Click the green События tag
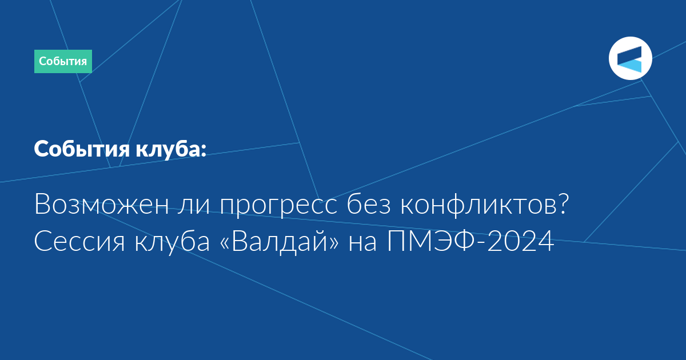click(63, 61)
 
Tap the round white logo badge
click(630, 58)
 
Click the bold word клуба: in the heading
click(171, 149)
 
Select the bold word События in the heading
click(82, 149)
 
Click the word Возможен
click(102, 204)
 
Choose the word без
click(369, 204)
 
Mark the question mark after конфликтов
click(563, 204)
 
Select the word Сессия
click(79, 241)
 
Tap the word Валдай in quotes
click(280, 241)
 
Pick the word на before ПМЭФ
click(362, 243)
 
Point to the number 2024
click(521, 241)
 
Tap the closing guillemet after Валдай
click(333, 243)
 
